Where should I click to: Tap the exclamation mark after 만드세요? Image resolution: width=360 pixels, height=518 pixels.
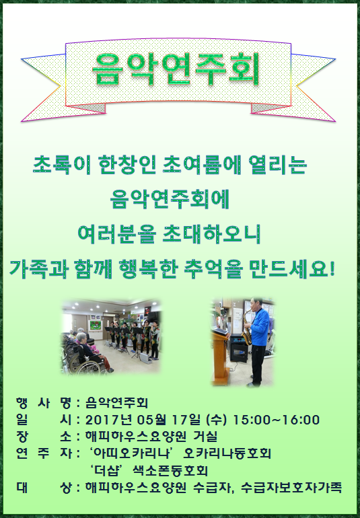coord(332,268)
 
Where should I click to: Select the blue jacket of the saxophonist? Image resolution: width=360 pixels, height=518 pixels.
coord(260,327)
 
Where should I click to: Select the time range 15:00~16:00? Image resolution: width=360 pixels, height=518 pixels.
coord(277,420)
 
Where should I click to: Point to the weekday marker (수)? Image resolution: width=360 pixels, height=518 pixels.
coord(216,420)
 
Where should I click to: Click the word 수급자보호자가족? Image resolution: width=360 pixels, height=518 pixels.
coord(291,488)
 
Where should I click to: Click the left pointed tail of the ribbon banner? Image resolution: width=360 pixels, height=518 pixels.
coord(22,59)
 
